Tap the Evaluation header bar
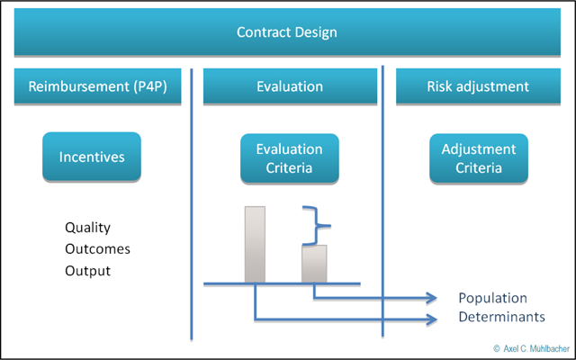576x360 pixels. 289,87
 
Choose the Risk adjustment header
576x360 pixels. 477,87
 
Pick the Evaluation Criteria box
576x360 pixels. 289,157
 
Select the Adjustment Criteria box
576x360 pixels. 478,157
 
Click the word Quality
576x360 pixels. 88,228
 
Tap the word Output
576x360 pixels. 88,270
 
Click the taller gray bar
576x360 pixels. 256,244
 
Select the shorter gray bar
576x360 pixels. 313,263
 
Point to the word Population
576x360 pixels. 492,299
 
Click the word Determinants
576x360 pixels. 501,318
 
